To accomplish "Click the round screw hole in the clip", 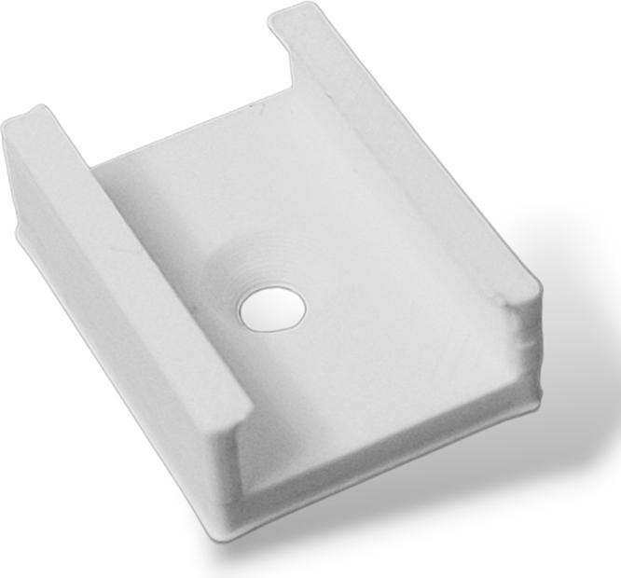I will [x=271, y=310].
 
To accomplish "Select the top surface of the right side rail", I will [x=410, y=149].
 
